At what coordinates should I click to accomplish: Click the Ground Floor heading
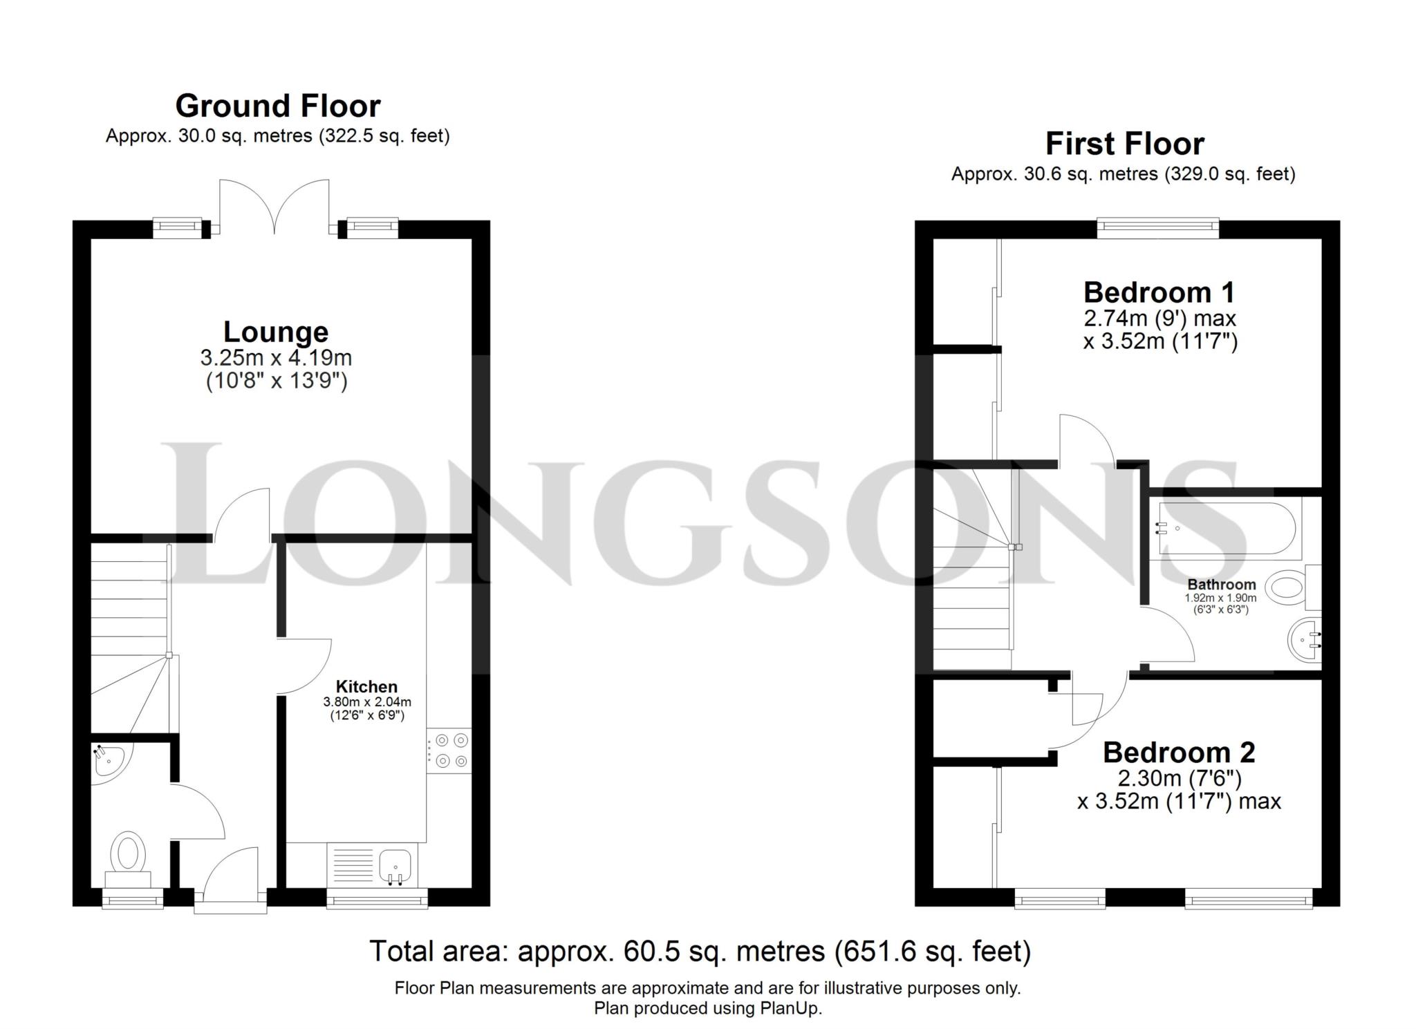coord(277,106)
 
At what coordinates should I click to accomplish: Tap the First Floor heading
coord(1124,144)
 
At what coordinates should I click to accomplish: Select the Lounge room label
coord(275,332)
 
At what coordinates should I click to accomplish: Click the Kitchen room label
coord(366,686)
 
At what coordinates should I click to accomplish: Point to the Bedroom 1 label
coord(1159,292)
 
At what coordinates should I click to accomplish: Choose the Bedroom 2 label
coord(1178,752)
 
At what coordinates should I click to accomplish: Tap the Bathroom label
coord(1222,585)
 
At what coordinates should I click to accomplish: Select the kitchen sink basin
coord(395,865)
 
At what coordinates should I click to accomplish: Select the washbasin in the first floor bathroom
coord(1305,640)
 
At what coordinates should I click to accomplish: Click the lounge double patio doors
coord(274,205)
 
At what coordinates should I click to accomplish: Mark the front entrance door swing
coord(230,874)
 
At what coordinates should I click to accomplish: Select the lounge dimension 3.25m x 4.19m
coord(276,358)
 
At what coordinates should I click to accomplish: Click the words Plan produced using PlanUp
coord(707,1008)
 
